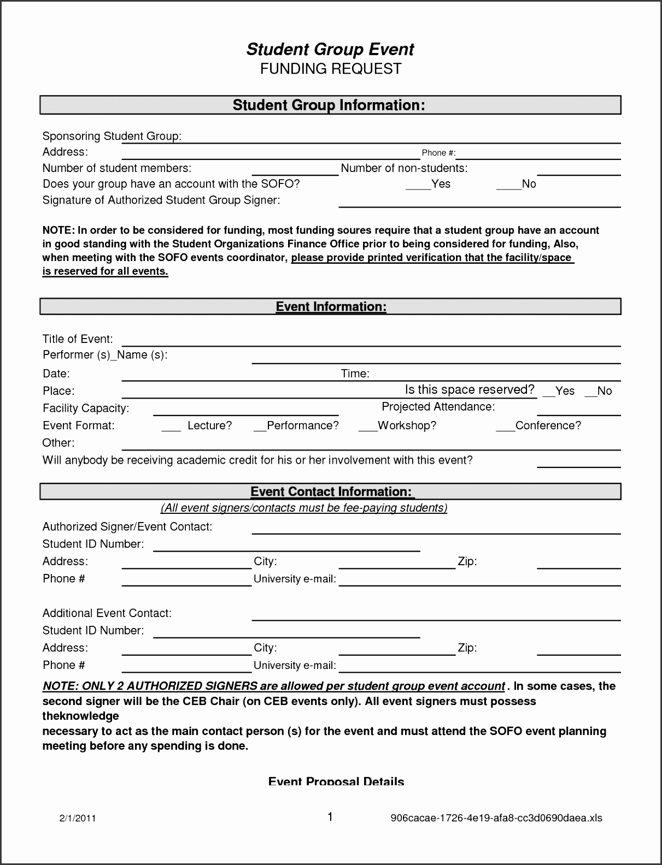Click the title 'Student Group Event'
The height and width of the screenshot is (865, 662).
(x=330, y=49)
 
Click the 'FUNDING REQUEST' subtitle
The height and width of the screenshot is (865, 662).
(x=330, y=69)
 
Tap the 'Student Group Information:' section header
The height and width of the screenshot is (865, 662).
(x=329, y=105)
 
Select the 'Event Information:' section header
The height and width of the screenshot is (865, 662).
(x=331, y=306)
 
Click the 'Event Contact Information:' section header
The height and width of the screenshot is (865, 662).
(x=332, y=491)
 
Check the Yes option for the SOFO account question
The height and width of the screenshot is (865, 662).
(x=428, y=184)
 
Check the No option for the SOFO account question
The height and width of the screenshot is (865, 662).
(x=517, y=184)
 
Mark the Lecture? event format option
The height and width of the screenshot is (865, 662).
(x=197, y=425)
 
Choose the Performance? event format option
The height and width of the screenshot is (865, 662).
(x=296, y=425)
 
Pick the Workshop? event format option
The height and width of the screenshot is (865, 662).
(x=397, y=425)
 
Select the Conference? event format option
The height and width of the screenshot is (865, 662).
(x=538, y=425)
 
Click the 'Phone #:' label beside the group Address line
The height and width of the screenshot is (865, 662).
(x=438, y=153)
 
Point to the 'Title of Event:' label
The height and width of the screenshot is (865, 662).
(x=78, y=339)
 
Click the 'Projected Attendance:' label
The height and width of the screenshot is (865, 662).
(x=438, y=407)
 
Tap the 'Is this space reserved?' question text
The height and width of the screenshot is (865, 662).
(x=469, y=389)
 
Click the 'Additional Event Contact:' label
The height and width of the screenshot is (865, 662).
(x=107, y=613)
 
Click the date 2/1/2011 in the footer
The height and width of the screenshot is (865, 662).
(x=78, y=818)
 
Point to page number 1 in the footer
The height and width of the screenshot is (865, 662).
(x=330, y=817)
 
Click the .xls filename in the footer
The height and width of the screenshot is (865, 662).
(x=496, y=818)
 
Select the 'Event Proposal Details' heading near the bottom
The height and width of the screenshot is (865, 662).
(x=336, y=781)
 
